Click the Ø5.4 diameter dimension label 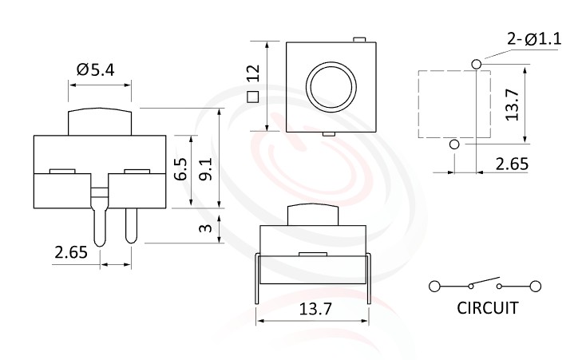96,70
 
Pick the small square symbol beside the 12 252,97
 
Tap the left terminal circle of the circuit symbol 434,286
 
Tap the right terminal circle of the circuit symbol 535,286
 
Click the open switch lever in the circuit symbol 483,282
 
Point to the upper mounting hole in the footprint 477,63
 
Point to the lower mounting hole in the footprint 454,144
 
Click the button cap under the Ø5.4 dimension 100,121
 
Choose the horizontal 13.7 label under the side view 314,309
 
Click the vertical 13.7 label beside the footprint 513,105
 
